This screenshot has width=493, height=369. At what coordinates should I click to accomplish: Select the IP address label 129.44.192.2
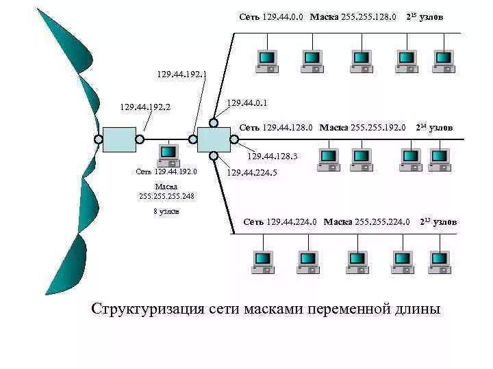(x=145, y=107)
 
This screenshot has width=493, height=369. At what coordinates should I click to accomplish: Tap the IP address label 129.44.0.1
(x=246, y=103)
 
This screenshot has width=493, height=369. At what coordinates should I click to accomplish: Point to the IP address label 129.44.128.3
(x=273, y=156)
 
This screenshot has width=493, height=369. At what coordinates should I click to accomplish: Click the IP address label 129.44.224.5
(x=252, y=173)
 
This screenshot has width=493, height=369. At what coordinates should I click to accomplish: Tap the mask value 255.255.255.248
(x=166, y=196)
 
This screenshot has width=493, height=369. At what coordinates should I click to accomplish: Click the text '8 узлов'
(x=166, y=212)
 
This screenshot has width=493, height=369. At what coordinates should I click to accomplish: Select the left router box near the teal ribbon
(x=119, y=139)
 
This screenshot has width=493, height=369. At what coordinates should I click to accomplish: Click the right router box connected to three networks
(x=214, y=139)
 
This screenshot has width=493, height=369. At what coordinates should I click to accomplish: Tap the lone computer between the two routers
(x=167, y=155)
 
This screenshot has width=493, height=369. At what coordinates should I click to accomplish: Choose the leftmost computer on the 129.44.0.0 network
(x=266, y=61)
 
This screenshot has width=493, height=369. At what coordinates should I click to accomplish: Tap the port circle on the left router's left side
(x=99, y=139)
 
